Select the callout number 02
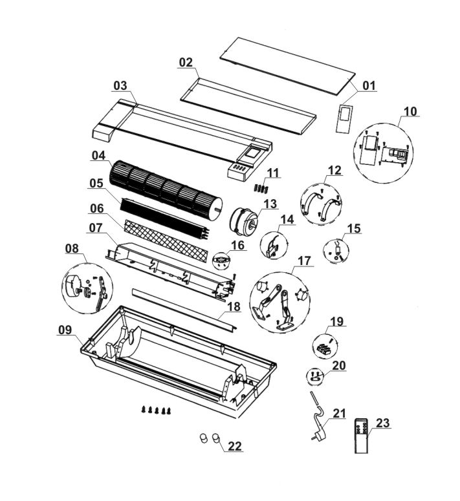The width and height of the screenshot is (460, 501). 186,63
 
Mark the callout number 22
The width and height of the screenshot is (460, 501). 235,446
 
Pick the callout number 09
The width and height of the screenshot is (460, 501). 65,330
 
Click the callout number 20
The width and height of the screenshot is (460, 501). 339,366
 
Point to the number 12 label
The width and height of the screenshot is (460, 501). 334,170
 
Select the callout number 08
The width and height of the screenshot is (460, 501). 72,248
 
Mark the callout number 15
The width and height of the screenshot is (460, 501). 354,229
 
